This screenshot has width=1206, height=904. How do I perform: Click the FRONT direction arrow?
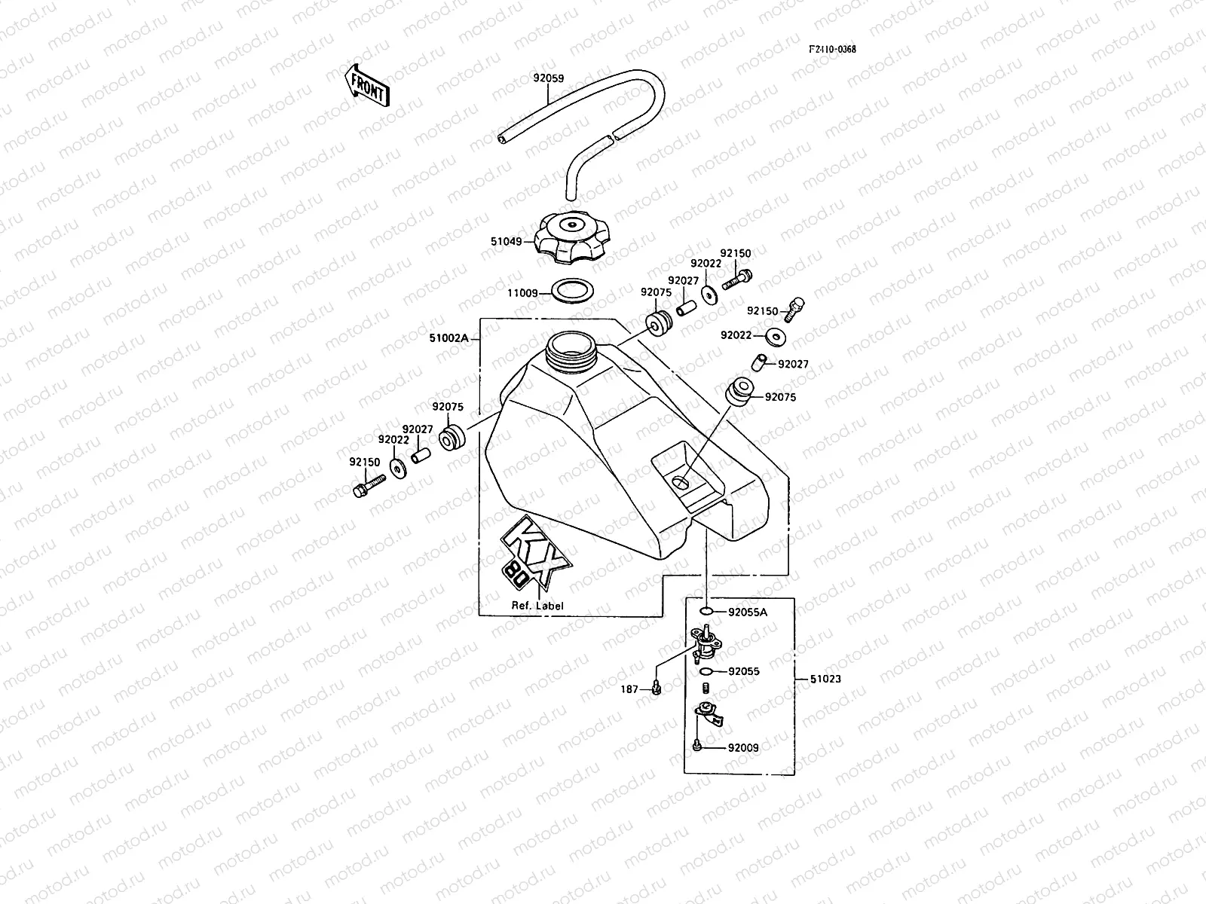[x=367, y=84]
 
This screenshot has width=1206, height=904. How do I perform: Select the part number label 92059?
[x=549, y=78]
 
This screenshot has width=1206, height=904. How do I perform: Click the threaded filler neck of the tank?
[x=574, y=350]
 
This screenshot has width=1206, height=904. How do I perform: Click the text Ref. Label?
[x=537, y=606]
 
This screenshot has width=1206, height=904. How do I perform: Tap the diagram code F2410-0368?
[x=832, y=50]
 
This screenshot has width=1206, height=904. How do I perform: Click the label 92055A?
[x=747, y=612]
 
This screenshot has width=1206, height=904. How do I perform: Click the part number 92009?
[x=743, y=748]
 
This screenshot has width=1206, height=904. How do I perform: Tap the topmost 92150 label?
[x=735, y=254]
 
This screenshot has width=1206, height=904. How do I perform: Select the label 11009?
[x=522, y=292]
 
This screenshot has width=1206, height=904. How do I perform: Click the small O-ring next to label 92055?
[x=706, y=670]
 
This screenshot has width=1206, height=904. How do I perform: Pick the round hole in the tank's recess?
[x=681, y=482]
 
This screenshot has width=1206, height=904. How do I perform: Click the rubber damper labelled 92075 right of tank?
[x=739, y=392]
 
